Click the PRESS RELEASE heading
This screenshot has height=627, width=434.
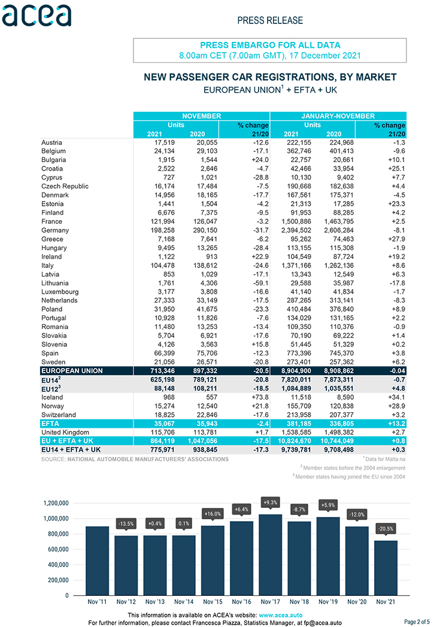tap(270, 20)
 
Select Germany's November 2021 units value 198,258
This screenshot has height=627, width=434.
tap(162, 230)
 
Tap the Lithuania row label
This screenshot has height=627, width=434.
tap(55, 283)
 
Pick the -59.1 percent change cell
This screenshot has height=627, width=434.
tap(260, 283)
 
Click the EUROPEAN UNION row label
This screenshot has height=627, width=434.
tap(72, 371)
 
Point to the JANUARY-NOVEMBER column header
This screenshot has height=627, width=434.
tap(338, 116)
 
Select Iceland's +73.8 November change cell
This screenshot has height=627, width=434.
tap(260, 397)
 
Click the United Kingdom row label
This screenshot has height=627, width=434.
tap(65, 433)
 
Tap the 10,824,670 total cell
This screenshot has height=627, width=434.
tap(295, 441)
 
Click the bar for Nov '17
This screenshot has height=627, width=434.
tap(271, 555)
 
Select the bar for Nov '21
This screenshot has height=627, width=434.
tap(386, 568)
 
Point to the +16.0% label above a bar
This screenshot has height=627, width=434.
tap(213, 514)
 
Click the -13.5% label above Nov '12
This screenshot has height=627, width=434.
tap(126, 524)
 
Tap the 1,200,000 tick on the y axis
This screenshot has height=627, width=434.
tap(56, 503)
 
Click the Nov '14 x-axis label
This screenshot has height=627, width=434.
tap(184, 602)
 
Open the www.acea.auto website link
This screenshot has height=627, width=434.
tap(280, 616)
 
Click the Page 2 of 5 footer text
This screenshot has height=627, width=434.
tap(418, 622)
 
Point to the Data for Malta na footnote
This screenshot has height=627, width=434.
tap(384, 459)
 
